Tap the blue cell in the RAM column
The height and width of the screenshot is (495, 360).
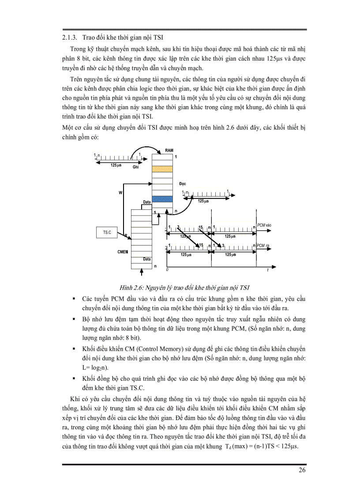point(161,199)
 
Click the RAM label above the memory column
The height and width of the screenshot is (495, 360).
point(169,151)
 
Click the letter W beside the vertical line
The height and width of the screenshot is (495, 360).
point(120,193)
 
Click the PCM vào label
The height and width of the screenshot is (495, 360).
point(264,225)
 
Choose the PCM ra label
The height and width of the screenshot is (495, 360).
point(263,246)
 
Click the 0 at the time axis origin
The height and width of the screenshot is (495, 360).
point(167,269)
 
